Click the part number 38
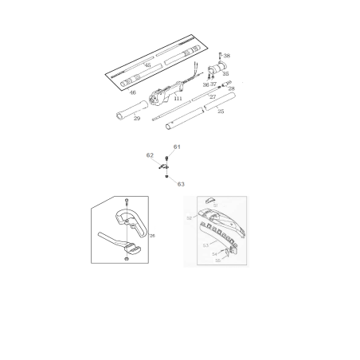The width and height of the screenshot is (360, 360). [x=227, y=56]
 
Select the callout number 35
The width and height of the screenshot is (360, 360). [x=225, y=73]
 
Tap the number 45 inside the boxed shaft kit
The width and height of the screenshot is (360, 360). [x=147, y=65]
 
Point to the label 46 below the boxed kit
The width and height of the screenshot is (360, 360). [x=132, y=92]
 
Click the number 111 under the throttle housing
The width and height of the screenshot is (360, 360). [x=178, y=98]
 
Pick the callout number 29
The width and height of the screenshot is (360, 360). [x=137, y=118]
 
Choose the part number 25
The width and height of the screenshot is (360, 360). [x=221, y=112]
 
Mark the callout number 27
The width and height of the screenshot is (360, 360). [x=213, y=96]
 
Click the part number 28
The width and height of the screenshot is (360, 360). [x=232, y=88]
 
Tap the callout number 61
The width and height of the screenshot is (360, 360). [x=177, y=147]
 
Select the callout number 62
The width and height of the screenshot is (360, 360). [x=150, y=155]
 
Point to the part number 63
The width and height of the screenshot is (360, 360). [x=181, y=183]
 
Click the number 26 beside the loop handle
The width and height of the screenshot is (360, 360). [x=152, y=236]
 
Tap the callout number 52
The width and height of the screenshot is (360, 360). [x=189, y=217]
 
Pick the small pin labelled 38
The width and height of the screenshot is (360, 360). [x=219, y=55]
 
